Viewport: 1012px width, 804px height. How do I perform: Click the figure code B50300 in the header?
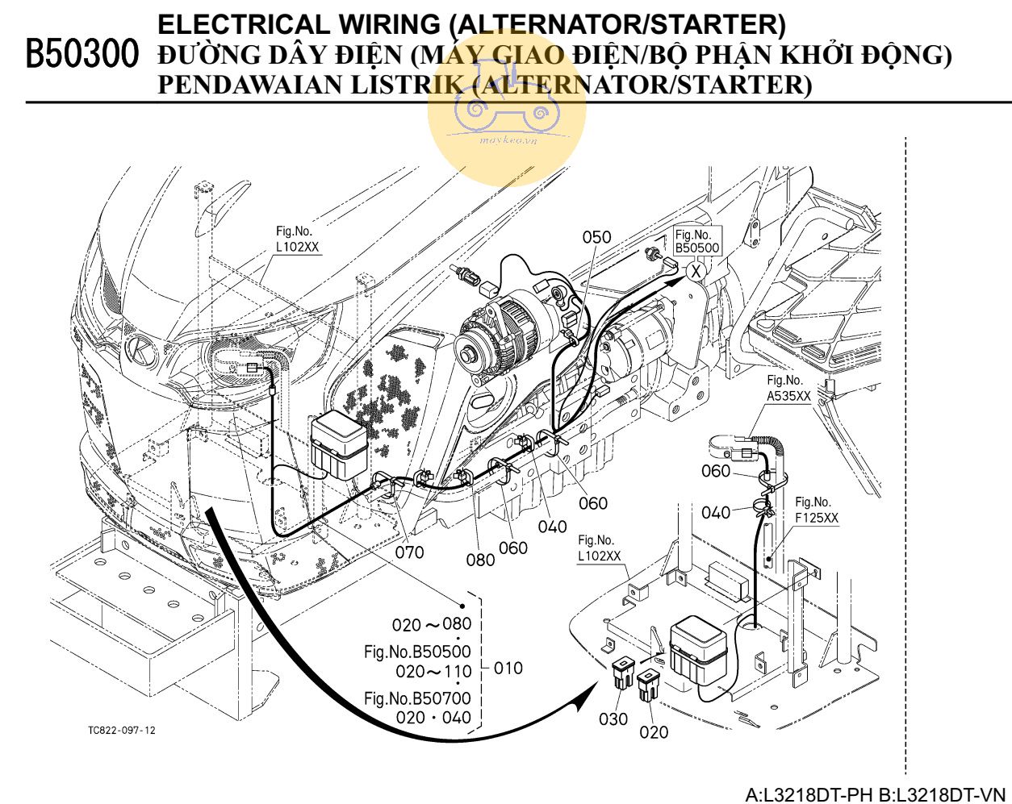click(80, 53)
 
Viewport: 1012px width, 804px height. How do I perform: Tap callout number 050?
click(596, 237)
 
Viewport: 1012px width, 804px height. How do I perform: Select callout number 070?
click(409, 552)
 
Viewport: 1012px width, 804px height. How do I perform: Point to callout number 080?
click(480, 559)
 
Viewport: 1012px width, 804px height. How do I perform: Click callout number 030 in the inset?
click(613, 719)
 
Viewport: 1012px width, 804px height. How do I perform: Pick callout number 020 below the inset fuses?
click(654, 731)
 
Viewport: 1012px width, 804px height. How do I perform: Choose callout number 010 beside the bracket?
click(508, 668)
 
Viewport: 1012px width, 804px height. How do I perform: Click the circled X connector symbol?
click(696, 271)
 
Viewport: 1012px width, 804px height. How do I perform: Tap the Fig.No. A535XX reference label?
click(788, 388)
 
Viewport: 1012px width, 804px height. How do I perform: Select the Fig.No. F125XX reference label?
click(816, 510)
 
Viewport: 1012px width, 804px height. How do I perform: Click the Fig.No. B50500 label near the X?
click(696, 241)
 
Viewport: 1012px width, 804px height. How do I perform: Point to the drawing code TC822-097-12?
click(122, 731)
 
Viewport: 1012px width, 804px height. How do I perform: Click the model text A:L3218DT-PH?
click(809, 793)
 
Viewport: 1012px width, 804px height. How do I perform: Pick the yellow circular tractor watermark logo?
click(506, 113)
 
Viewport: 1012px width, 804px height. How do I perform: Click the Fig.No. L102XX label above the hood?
click(297, 240)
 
